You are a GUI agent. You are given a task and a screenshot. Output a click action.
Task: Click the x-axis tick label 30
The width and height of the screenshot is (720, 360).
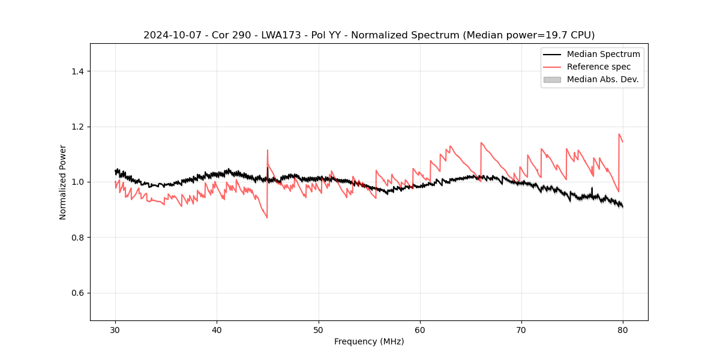115,330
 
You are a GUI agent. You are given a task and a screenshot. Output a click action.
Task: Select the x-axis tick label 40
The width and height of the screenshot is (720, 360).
217,330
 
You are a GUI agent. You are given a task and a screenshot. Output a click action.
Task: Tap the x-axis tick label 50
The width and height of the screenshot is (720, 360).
319,330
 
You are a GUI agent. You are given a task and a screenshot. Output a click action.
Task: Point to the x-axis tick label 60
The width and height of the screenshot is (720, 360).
420,330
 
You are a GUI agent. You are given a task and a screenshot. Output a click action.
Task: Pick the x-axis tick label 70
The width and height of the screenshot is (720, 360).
521,330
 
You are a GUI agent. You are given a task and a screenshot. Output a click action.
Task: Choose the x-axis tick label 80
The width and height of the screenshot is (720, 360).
623,330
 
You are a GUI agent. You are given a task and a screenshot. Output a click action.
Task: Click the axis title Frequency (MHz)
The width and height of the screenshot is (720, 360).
369,341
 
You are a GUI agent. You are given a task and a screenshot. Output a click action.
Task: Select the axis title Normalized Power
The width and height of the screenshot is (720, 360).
63,182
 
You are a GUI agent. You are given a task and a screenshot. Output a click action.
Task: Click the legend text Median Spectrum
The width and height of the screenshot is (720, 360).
603,54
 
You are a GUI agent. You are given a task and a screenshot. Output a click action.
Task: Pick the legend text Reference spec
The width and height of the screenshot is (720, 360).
598,67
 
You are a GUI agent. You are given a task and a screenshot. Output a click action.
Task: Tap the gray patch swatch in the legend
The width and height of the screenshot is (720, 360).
552,79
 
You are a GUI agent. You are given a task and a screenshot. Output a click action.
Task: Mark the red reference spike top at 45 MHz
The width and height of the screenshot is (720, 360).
268,150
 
